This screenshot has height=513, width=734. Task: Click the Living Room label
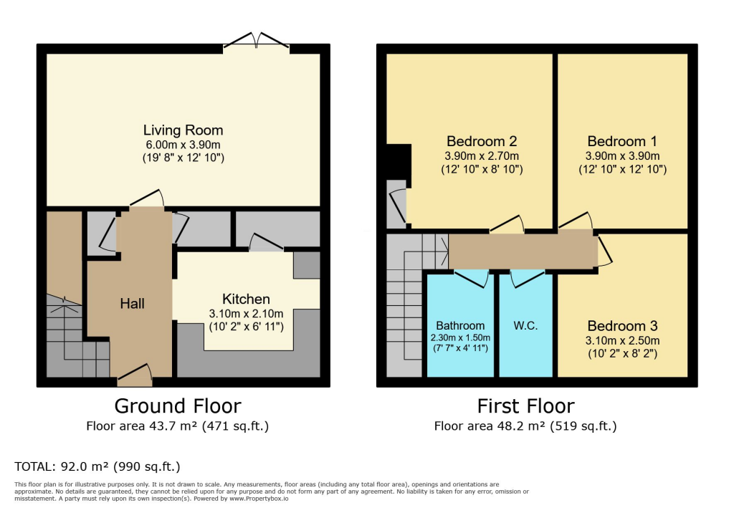click(183, 130)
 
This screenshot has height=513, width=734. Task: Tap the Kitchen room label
click(246, 299)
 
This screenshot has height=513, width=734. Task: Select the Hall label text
click(132, 304)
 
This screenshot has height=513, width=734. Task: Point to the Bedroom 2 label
click(482, 141)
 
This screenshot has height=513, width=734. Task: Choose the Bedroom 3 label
click(622, 326)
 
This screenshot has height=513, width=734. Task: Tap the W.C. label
click(525, 325)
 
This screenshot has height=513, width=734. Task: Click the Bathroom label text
click(460, 325)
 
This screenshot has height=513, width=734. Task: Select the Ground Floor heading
click(178, 406)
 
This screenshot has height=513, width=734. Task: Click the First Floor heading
click(525, 406)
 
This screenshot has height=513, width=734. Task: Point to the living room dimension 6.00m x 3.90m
click(183, 144)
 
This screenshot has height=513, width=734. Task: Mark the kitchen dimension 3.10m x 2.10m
click(246, 313)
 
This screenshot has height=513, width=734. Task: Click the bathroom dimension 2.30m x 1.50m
click(460, 337)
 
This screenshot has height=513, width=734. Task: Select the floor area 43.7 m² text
click(178, 426)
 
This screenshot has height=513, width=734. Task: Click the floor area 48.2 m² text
click(525, 426)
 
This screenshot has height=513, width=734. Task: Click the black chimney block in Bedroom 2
click(398, 161)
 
